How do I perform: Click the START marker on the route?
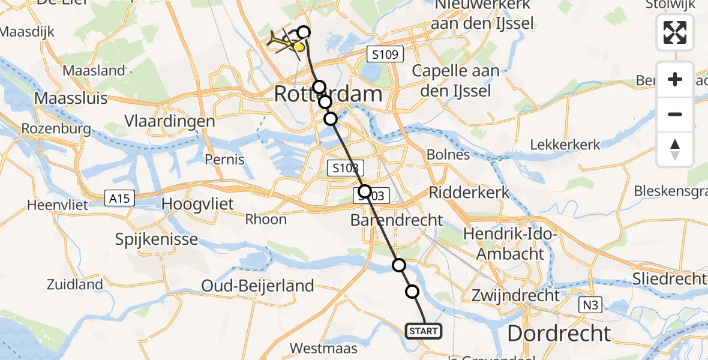(424, 331)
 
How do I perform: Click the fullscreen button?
(675, 32)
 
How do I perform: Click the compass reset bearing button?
(675, 149)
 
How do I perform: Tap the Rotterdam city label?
(328, 94)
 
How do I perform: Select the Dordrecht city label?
(559, 334)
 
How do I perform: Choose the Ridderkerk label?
(470, 193)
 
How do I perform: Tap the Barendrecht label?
(397, 220)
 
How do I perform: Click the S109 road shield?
(385, 55)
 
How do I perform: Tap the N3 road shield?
(590, 306)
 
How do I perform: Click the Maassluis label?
(71, 97)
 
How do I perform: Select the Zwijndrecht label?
(515, 295)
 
